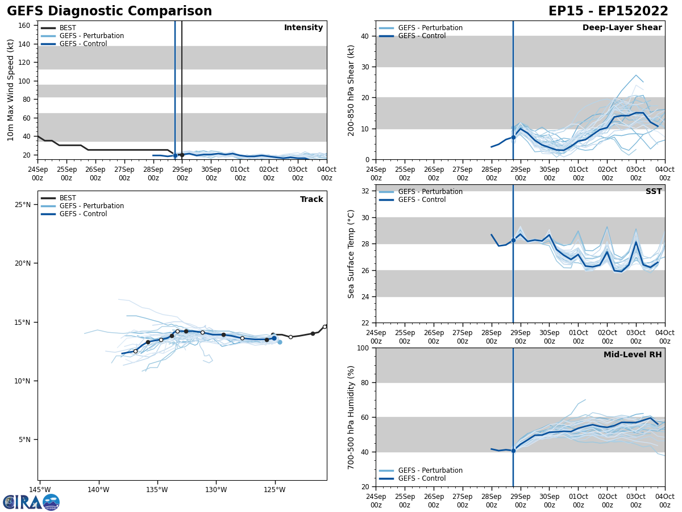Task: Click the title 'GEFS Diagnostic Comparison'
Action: pos(109,11)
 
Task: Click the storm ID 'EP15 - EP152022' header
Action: pos(608,11)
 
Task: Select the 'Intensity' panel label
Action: pos(303,28)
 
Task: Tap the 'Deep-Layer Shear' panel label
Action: pos(622,28)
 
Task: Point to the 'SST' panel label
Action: pos(653,192)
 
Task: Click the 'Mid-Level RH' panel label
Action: pos(633,355)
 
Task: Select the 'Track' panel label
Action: pos(311,200)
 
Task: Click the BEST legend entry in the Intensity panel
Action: pos(68,28)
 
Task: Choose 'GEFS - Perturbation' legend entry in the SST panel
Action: pos(430,192)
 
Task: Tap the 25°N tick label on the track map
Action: pos(23,204)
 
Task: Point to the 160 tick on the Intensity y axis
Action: pos(24,26)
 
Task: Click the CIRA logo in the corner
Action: pos(31,502)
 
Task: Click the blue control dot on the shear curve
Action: pos(513,137)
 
